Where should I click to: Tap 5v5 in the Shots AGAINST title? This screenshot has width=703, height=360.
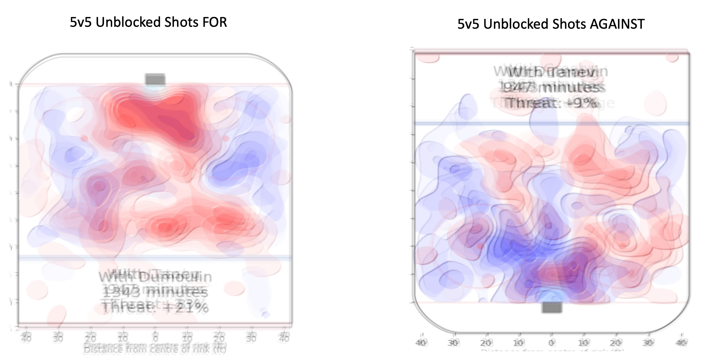468,24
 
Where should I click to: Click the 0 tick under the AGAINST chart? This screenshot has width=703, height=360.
551,343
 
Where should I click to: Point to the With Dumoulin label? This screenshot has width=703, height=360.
155,277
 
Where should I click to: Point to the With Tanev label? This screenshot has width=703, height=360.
551,72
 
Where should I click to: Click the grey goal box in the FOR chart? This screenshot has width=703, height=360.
155,79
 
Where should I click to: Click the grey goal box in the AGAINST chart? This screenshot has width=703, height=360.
551,307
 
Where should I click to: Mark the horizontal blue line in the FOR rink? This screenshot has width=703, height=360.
155,258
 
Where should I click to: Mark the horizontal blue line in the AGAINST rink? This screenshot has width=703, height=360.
551,123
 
